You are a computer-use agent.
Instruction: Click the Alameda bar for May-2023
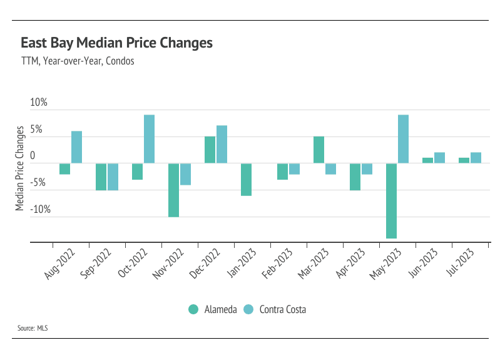click(x=392, y=201)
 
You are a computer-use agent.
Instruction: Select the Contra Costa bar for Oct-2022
click(x=149, y=139)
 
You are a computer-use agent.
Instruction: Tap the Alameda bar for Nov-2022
click(x=173, y=190)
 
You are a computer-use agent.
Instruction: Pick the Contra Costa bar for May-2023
click(x=404, y=139)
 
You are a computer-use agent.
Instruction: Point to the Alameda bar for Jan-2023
click(x=246, y=180)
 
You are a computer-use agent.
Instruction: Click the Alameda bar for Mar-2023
click(x=319, y=150)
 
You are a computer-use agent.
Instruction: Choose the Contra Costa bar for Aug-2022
click(x=76, y=147)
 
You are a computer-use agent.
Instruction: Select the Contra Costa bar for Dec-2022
click(x=222, y=145)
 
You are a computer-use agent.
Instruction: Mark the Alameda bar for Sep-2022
click(x=101, y=177)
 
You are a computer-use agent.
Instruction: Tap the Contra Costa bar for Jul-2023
click(x=476, y=158)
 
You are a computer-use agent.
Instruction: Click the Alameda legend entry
click(x=213, y=309)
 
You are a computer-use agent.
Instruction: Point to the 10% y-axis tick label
click(x=39, y=103)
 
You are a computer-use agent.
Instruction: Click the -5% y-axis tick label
click(x=39, y=183)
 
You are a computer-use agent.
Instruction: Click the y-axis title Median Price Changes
click(x=20, y=168)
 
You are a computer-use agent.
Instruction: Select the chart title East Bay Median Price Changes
click(x=116, y=43)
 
